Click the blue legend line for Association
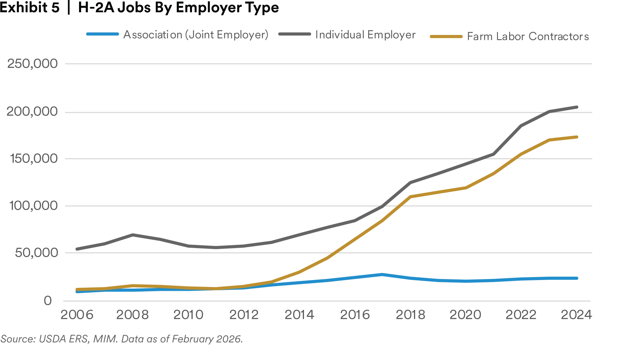[102, 34]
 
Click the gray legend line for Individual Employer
[293, 34]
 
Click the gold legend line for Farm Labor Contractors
[446, 37]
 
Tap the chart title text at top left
[138, 7]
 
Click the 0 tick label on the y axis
[48, 300]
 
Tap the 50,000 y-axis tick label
[35, 254]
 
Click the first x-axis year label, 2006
[78, 315]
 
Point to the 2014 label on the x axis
[300, 315]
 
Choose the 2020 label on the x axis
[465, 315]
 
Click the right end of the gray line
[578, 108]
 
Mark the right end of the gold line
[578, 137]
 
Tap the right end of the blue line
[578, 279]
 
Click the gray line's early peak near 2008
[134, 235]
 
